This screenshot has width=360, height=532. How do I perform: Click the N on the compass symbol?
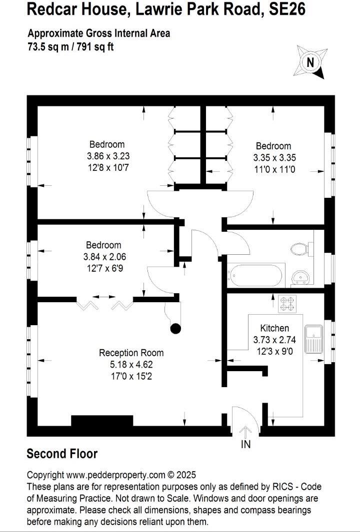coord(310,62)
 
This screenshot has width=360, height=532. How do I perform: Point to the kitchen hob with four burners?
coord(289,303)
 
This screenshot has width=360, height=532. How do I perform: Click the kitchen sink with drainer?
coord(314,338)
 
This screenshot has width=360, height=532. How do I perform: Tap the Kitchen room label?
coord(274,328)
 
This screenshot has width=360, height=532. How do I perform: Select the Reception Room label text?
coord(131,353)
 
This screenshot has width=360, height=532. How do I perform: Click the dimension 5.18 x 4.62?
coord(131,364)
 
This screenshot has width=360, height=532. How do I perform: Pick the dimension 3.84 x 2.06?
coord(103,257)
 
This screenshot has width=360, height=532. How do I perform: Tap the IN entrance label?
coord(246,444)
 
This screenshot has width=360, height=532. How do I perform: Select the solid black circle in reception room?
coord(175,328)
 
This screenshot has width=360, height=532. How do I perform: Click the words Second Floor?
coord(62,454)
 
